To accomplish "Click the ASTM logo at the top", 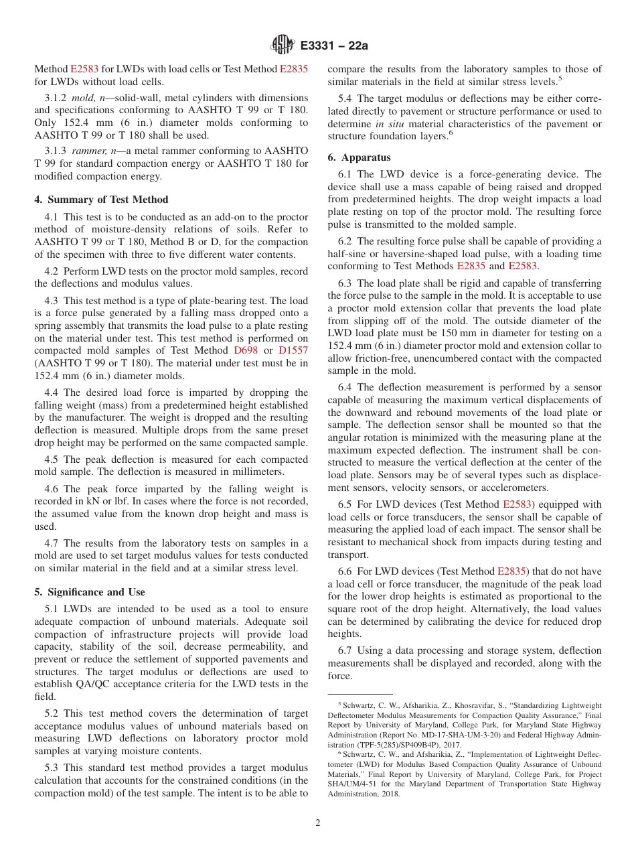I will [282, 45].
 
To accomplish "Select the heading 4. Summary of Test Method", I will [101, 200].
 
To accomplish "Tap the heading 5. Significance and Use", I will [90, 592].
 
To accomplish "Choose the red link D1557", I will [293, 350].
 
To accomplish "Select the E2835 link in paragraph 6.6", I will [512, 571].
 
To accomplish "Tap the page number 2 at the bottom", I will [318, 823].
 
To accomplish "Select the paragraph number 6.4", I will [345, 387].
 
